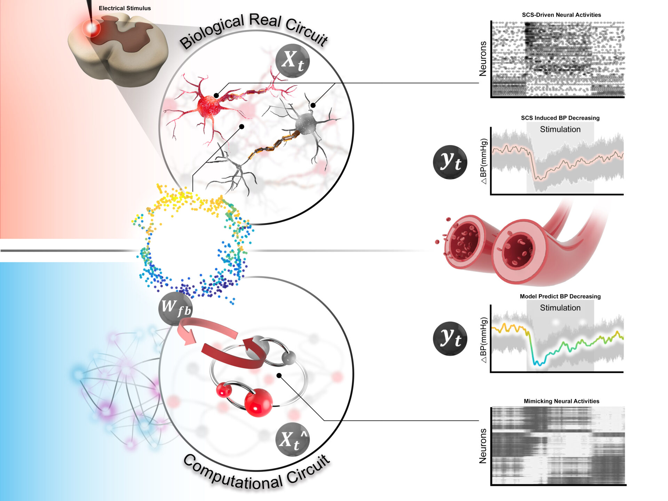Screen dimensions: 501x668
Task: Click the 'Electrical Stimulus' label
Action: [x=125, y=8]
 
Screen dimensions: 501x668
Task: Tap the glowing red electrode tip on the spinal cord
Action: [x=92, y=28]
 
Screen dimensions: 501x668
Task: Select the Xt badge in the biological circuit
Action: [x=292, y=61]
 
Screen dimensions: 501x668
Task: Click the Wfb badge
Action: [x=175, y=308]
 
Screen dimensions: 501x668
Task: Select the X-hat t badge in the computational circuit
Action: [x=292, y=439]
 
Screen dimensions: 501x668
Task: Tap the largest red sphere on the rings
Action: [x=258, y=403]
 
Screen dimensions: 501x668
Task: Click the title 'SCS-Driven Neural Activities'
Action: [x=561, y=15]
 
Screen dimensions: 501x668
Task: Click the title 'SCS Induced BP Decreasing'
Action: [x=560, y=118]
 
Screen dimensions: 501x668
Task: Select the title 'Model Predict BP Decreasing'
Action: [x=560, y=296]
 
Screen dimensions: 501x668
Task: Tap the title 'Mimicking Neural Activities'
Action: [x=561, y=401]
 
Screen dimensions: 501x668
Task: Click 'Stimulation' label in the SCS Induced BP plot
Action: [x=560, y=129]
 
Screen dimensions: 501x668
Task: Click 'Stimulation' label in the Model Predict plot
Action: [x=560, y=308]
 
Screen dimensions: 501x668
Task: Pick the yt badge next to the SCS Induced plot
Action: [x=450, y=162]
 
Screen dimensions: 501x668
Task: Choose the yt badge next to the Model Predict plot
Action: [x=450, y=339]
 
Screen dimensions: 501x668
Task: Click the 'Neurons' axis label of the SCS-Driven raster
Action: [x=483, y=58]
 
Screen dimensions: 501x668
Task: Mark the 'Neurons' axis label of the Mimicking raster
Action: [x=483, y=446]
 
